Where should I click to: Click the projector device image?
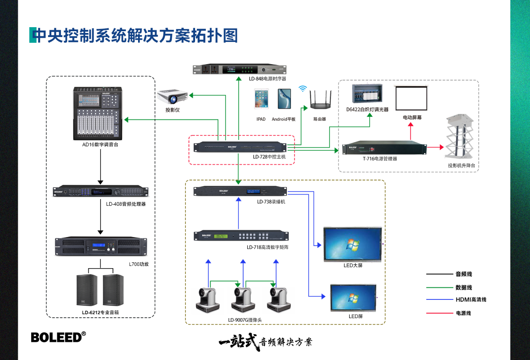[172, 96]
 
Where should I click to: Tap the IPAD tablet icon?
[261, 98]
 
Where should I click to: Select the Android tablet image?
[284, 98]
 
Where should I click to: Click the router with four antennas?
[320, 101]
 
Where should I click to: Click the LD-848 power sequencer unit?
[239, 70]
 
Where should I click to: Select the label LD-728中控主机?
[269, 157]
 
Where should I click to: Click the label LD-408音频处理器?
[126, 204]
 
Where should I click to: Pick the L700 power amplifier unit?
[100, 246]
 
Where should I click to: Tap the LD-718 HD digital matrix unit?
[241, 236]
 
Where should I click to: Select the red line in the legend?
[439, 313]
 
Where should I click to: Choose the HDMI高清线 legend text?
[471, 299]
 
